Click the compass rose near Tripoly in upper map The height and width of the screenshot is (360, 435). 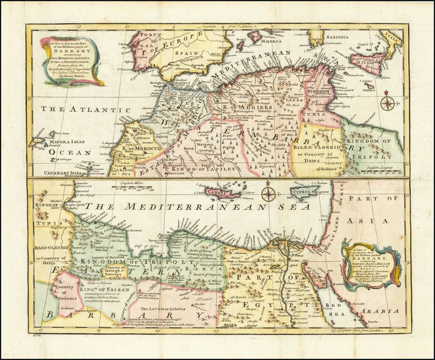[x=387, y=102]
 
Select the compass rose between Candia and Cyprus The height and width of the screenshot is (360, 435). [x=268, y=193]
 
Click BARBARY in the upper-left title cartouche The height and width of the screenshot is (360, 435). [x=67, y=53]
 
